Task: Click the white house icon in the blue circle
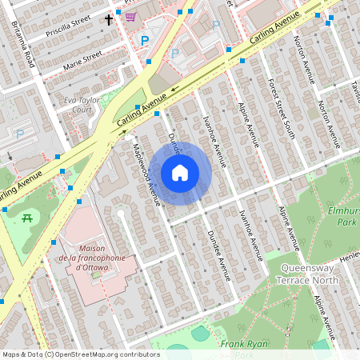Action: [180, 173]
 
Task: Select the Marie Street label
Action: [83, 57]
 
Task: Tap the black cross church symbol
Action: [109, 18]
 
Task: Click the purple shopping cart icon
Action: [130, 16]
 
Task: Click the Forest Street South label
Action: [282, 107]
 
